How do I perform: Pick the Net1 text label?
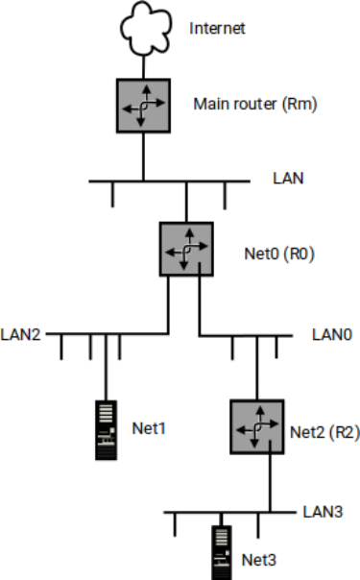tap(148, 426)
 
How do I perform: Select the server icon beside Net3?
tap(223, 551)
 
